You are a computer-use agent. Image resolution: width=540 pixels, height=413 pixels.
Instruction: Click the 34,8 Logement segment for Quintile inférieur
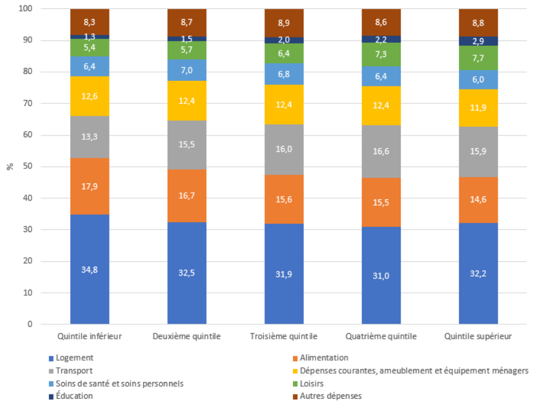point(89,269)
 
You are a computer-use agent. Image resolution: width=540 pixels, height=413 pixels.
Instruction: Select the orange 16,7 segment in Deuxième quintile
point(186,196)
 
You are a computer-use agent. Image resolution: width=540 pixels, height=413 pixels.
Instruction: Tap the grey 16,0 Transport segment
point(284,149)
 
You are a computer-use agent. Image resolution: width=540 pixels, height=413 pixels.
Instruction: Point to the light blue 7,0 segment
point(186,70)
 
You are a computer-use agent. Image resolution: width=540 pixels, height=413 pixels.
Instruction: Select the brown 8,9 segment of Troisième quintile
point(284,23)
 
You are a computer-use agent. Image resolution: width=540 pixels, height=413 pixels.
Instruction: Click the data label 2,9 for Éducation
point(478,41)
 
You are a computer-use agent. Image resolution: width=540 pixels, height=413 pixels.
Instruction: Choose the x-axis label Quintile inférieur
point(89,336)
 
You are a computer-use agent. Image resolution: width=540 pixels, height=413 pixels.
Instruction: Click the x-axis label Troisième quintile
point(284,336)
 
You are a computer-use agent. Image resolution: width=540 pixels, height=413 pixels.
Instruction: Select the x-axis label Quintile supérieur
point(478,336)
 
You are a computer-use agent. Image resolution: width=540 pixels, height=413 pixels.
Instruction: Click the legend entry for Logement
point(74,358)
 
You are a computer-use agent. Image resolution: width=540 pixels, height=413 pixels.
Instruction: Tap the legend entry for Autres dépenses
point(331,396)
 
